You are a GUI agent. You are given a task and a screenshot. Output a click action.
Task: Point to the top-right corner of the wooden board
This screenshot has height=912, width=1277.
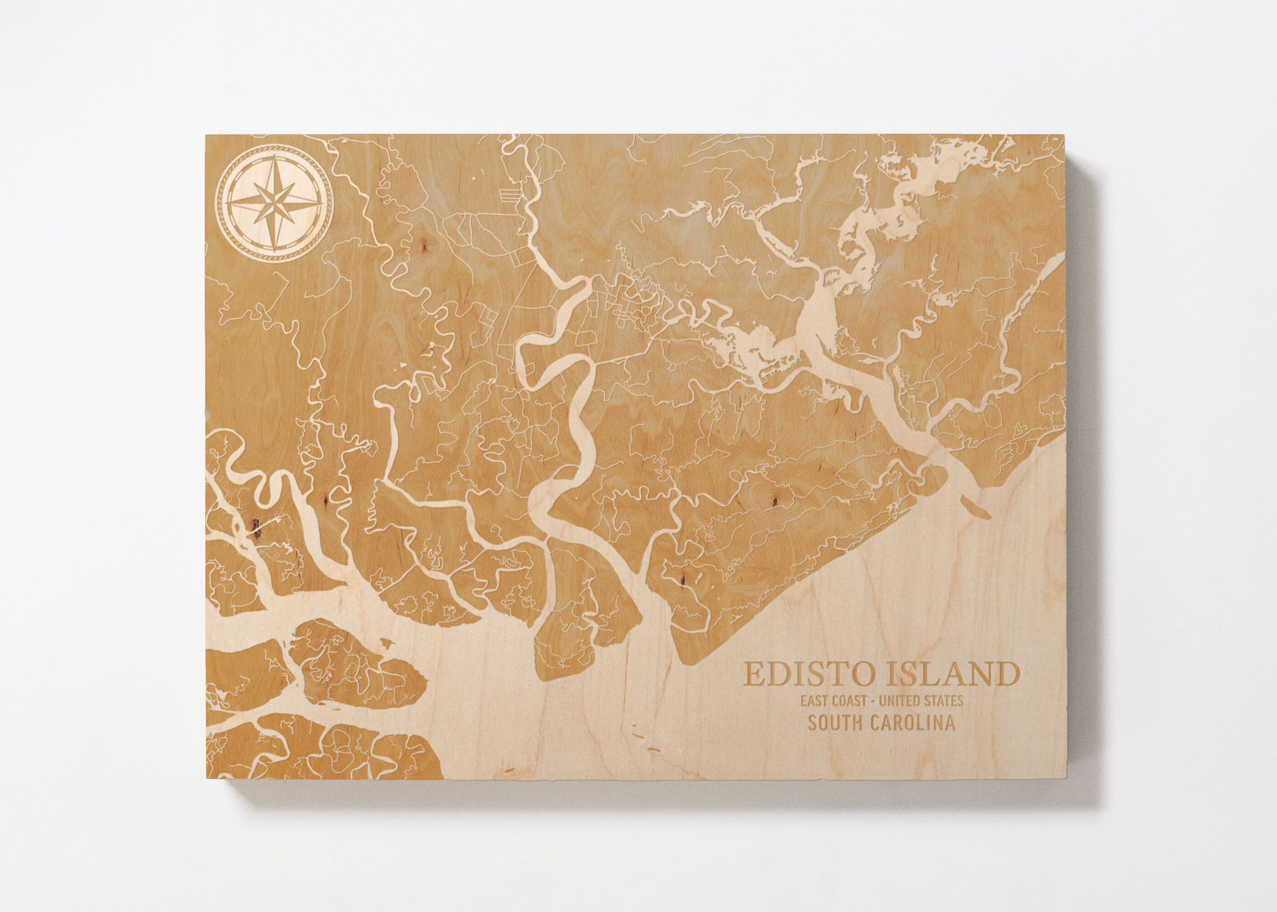coord(1070,135)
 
